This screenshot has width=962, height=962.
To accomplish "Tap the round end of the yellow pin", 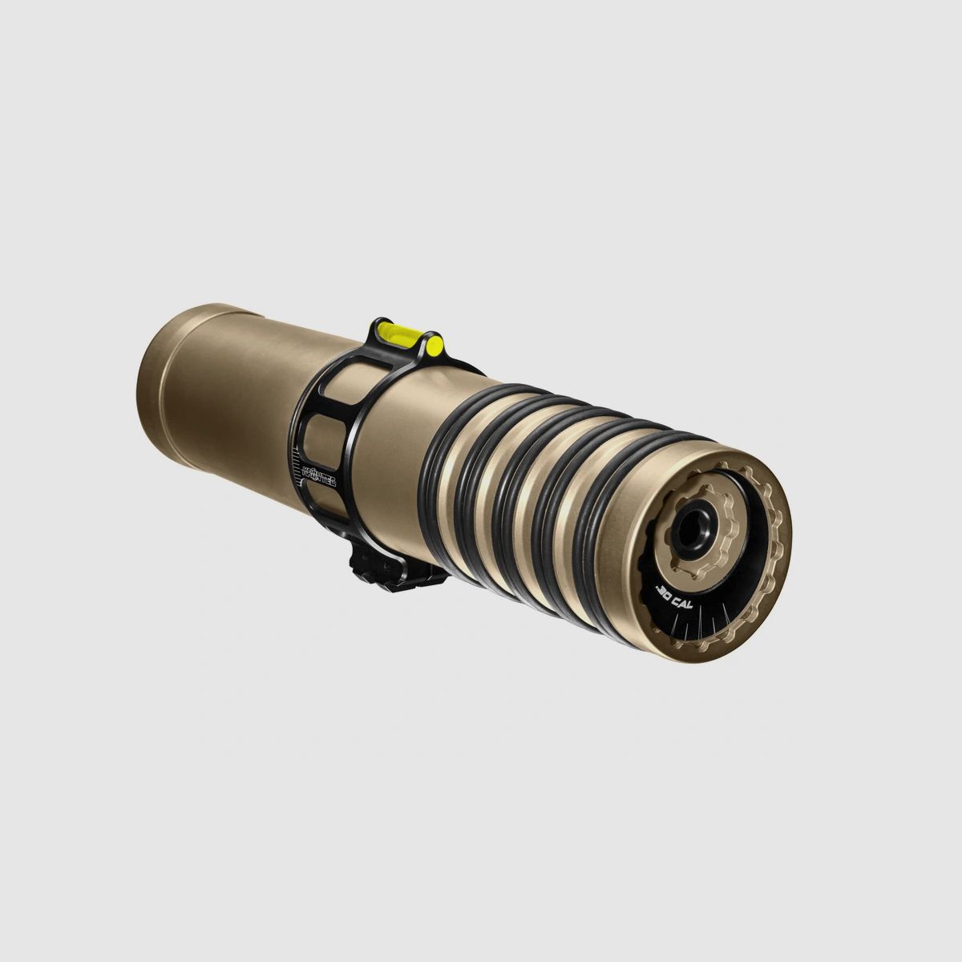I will pos(435,346).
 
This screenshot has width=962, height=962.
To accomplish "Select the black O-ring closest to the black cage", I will pos(444,473).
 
